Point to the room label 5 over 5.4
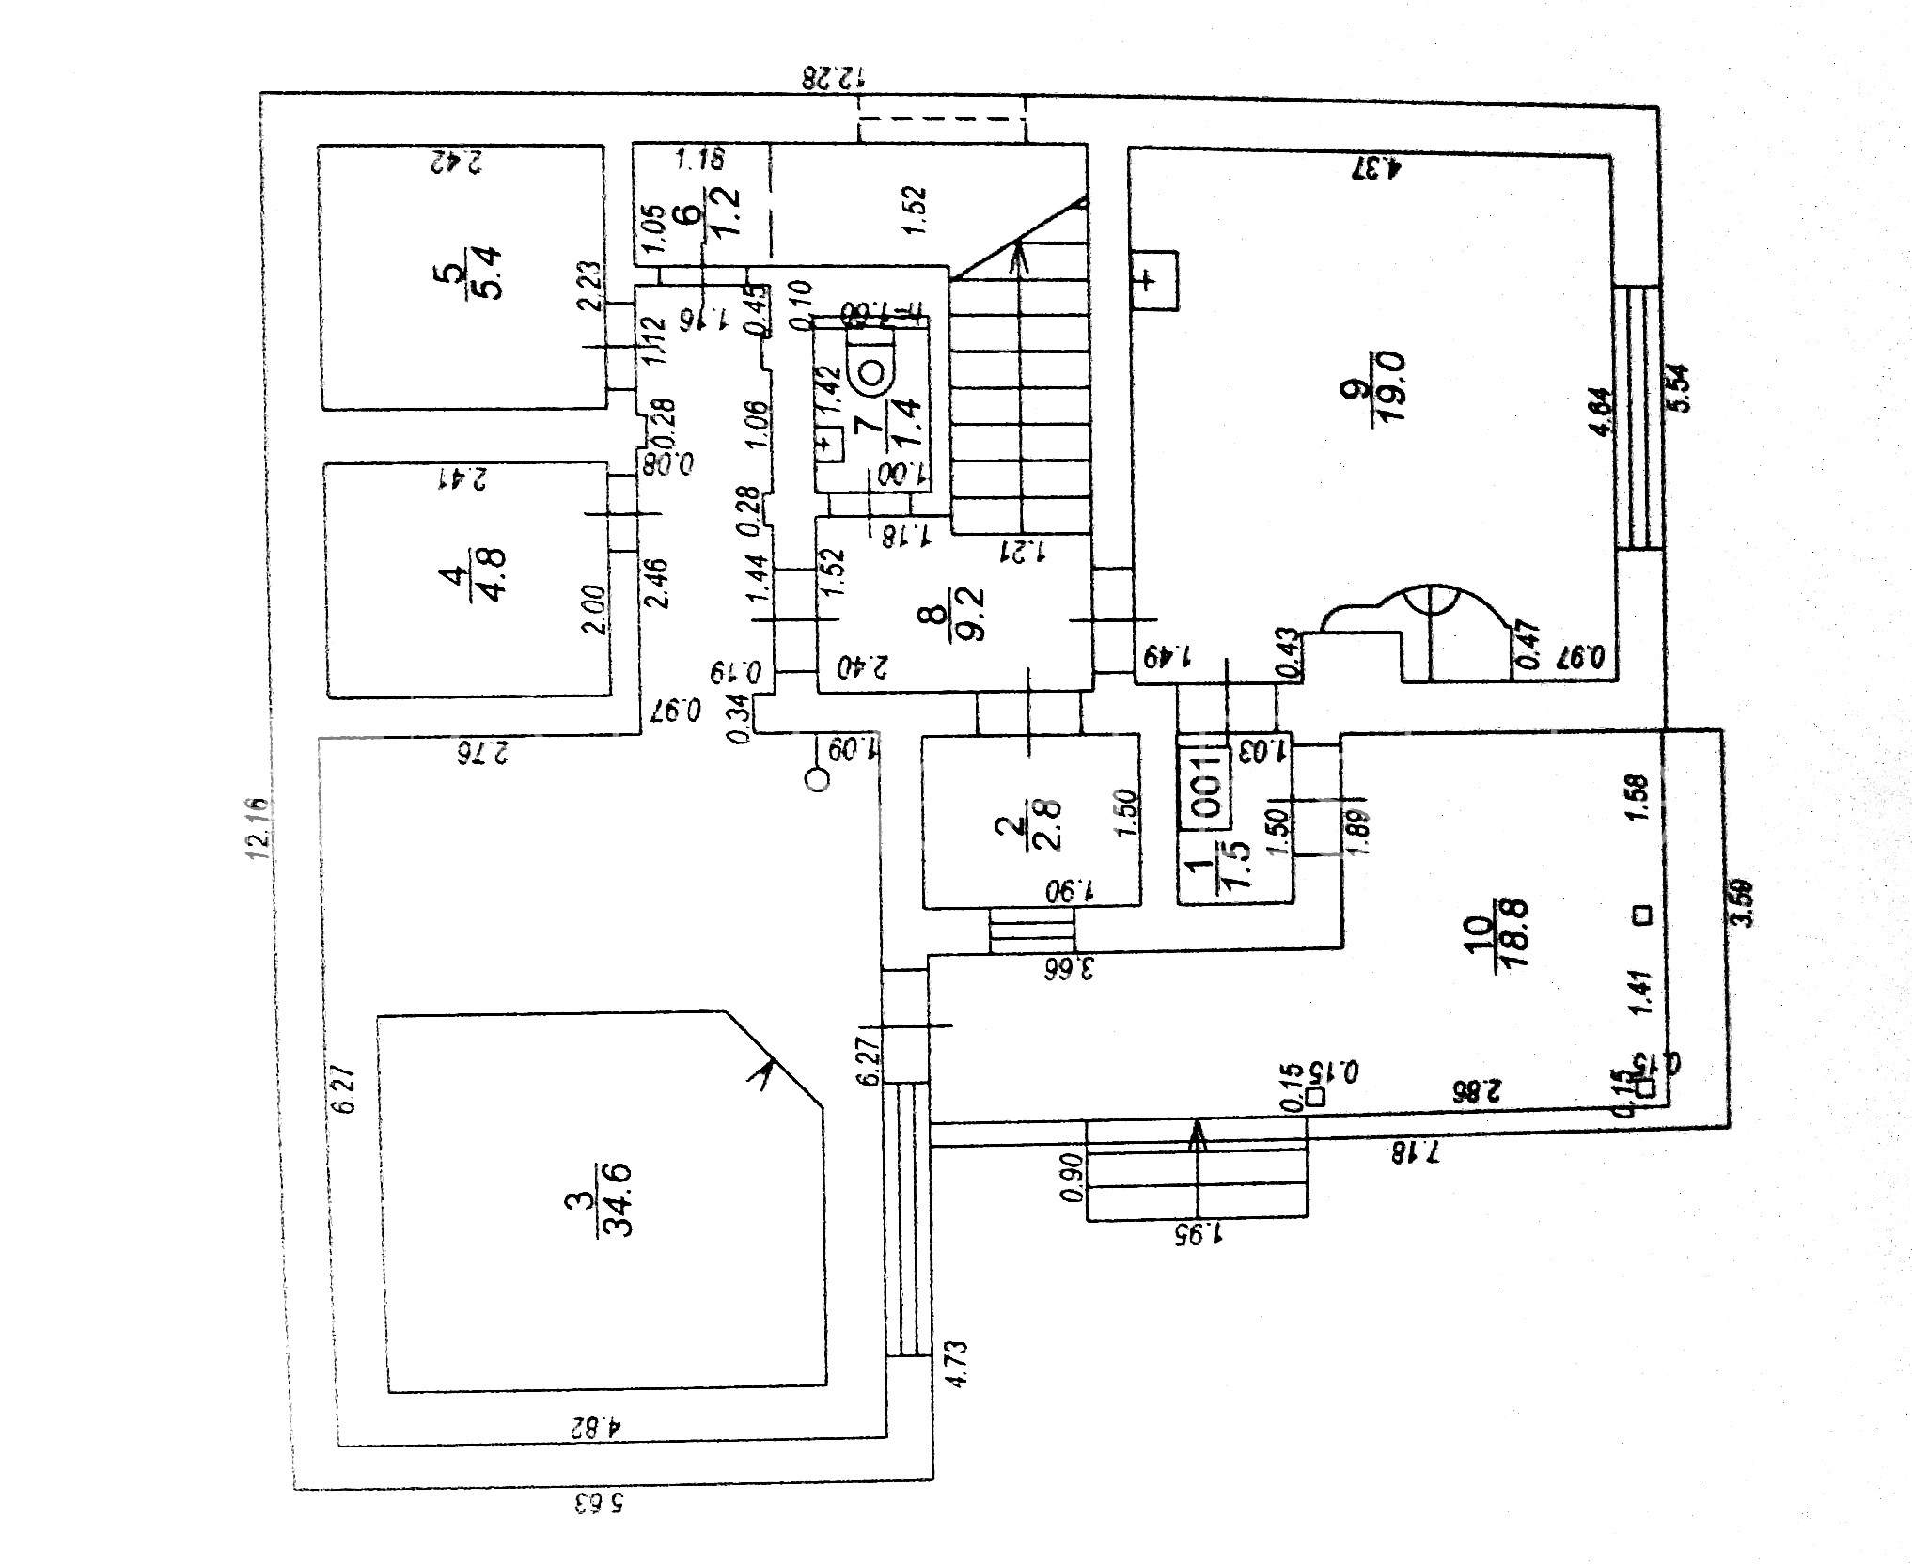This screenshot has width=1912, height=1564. [476, 273]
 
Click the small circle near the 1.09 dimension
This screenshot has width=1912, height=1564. [819, 779]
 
